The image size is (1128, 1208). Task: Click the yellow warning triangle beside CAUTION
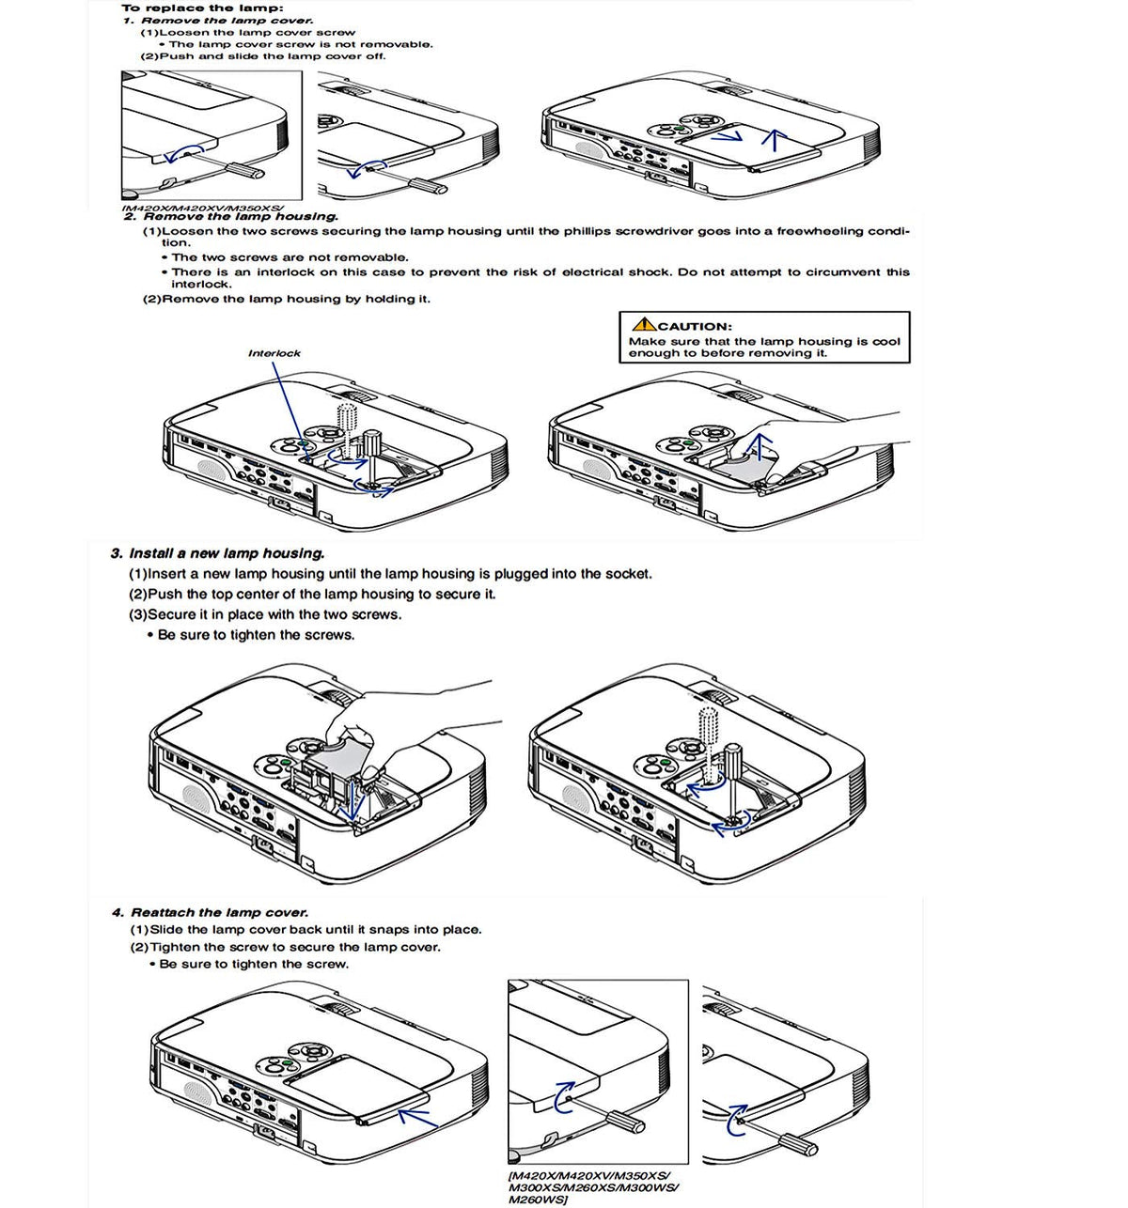[x=644, y=324]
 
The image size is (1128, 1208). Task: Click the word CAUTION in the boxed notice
[x=696, y=326]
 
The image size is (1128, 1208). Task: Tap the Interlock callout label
[x=274, y=353]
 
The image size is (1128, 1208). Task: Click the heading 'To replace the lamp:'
[x=203, y=8]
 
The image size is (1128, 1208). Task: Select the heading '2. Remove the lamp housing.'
[x=230, y=217]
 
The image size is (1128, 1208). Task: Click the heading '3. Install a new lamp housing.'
[x=217, y=553]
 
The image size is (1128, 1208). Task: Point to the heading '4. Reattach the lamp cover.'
[x=210, y=912]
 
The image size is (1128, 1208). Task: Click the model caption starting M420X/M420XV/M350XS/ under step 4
[x=593, y=1187]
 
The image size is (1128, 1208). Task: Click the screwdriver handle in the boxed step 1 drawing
[x=245, y=170]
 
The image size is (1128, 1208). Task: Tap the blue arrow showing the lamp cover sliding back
[x=417, y=1118]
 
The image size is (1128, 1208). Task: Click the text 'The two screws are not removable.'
[x=290, y=257]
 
